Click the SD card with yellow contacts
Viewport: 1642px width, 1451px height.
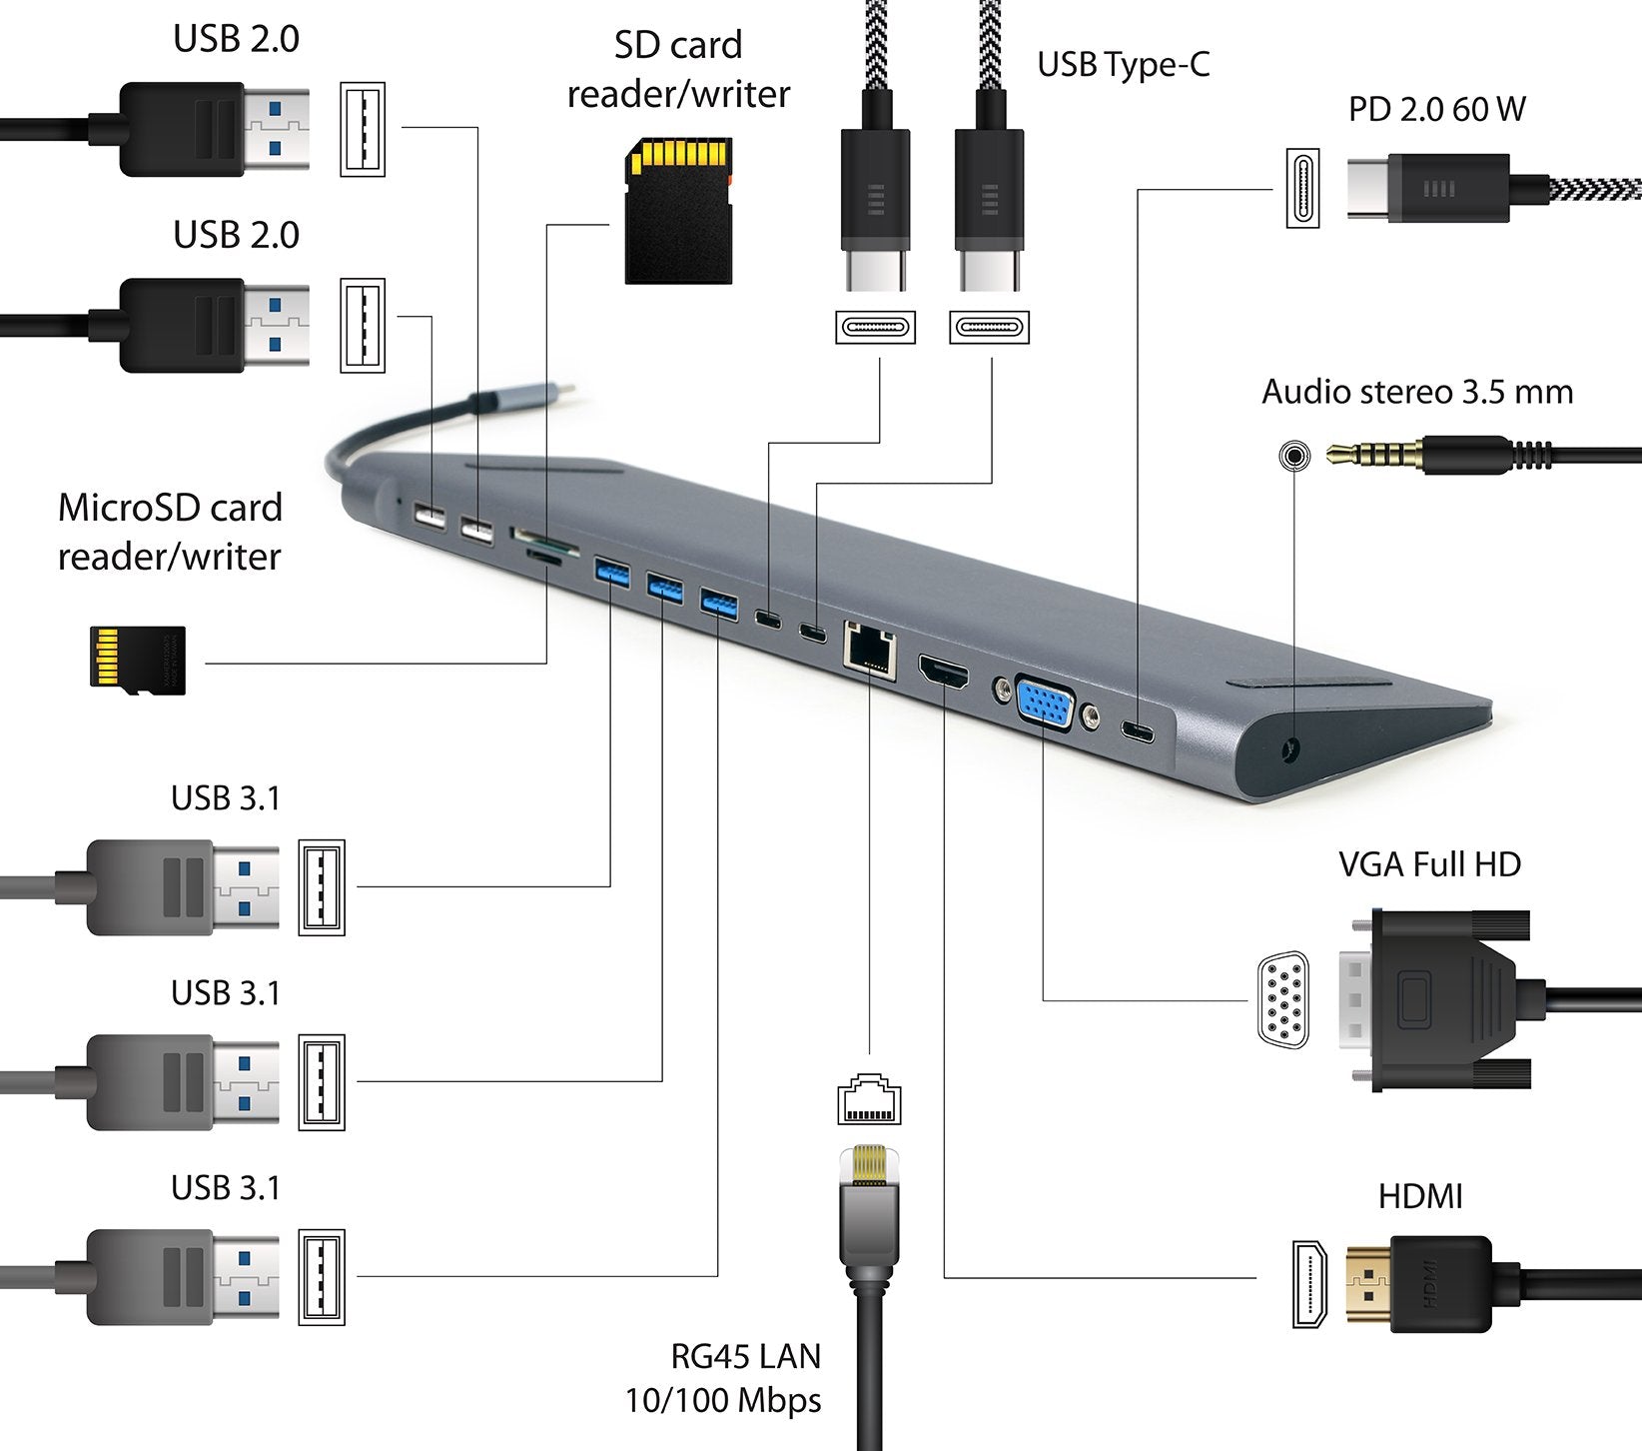click(678, 211)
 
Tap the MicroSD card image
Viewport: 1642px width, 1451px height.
click(137, 657)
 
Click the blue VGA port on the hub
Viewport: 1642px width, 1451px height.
click(1044, 705)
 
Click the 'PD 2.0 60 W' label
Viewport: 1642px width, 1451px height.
click(1436, 109)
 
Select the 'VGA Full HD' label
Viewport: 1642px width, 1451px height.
click(1429, 863)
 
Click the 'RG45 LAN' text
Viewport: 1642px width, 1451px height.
click(746, 1356)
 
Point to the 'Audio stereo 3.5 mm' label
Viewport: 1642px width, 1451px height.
click(1416, 392)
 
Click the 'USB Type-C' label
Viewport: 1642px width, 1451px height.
click(1123, 65)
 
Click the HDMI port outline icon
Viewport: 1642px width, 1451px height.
click(1309, 1283)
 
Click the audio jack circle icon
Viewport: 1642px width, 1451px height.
click(1294, 457)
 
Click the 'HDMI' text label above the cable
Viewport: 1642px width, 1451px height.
click(1419, 1196)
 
